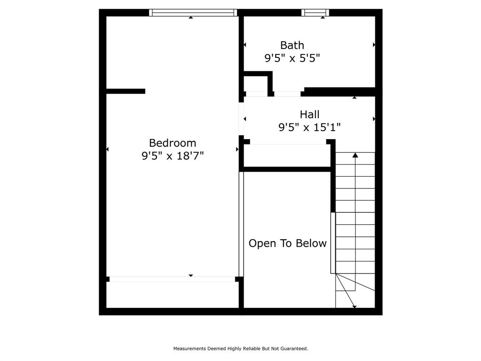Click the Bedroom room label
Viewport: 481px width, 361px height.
click(x=172, y=143)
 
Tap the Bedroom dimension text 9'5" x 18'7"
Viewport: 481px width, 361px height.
click(x=172, y=156)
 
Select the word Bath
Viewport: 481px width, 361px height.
click(x=292, y=45)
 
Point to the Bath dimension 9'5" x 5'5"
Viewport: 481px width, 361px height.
click(x=292, y=58)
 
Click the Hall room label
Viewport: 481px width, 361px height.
click(x=310, y=114)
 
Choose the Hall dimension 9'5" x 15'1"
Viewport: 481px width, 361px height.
click(x=310, y=127)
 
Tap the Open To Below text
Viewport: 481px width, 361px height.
click(x=287, y=243)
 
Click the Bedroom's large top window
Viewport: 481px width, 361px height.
click(x=193, y=13)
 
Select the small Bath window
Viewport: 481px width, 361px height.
click(x=315, y=13)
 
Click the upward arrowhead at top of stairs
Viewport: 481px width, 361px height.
click(x=355, y=155)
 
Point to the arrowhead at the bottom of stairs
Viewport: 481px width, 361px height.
click(x=354, y=306)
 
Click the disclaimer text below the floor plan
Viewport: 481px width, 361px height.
click(x=240, y=349)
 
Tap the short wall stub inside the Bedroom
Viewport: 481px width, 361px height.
click(x=125, y=91)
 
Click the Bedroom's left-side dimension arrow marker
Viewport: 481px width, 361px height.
click(x=107, y=149)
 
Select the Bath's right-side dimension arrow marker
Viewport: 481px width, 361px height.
click(x=374, y=45)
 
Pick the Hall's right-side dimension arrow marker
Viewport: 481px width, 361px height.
click(x=374, y=119)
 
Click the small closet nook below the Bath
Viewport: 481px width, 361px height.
click(x=255, y=83)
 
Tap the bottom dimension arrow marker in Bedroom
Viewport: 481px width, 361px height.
click(x=191, y=275)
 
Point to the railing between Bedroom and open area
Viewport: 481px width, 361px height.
click(x=241, y=224)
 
